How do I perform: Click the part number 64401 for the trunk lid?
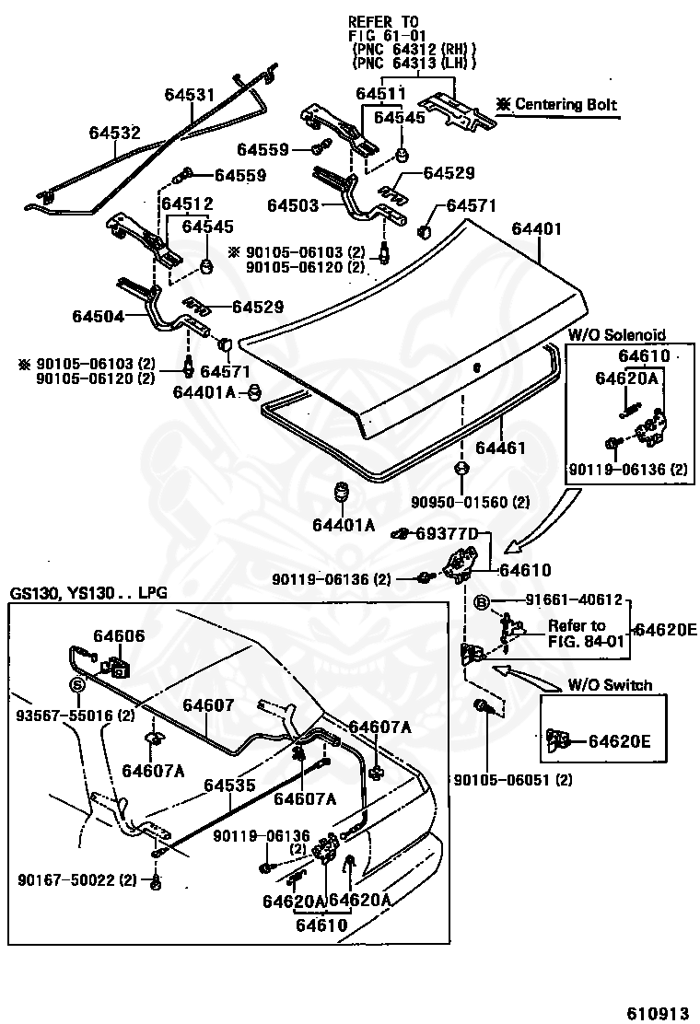tap(536, 228)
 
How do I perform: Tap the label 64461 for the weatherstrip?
tap(500, 448)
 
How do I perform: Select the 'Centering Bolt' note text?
tap(566, 104)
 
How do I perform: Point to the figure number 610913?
tap(658, 1013)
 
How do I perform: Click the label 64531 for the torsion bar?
tap(190, 94)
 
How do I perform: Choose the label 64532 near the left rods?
tap(115, 133)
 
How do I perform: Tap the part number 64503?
tap(293, 205)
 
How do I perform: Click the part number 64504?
tap(98, 316)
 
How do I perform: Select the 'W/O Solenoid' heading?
tap(616, 334)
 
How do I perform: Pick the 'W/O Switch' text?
tap(610, 685)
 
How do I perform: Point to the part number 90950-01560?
tap(461, 502)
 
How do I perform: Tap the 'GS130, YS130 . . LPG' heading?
tap(88, 593)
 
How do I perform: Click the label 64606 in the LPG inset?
tap(119, 636)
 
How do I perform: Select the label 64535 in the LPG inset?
tap(229, 785)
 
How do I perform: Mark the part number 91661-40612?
tap(574, 599)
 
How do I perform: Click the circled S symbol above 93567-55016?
tap(77, 685)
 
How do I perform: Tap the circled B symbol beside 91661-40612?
tap(481, 602)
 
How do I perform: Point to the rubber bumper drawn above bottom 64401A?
tap(341, 494)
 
